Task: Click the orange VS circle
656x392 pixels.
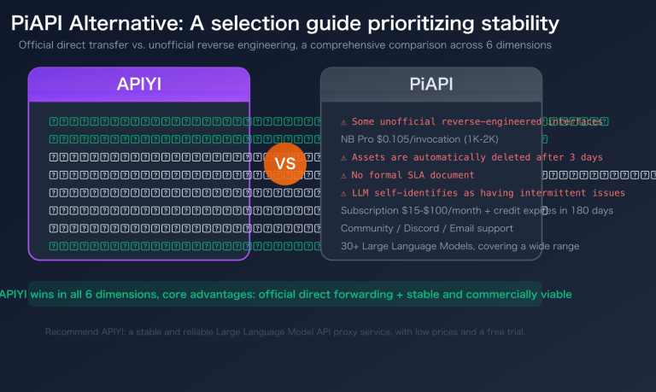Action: [x=285, y=163]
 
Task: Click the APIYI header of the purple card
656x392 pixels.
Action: [x=139, y=85]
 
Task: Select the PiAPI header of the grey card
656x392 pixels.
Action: [x=431, y=85]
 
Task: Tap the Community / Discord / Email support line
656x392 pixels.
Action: [x=427, y=228]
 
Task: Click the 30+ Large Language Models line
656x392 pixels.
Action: [x=460, y=246]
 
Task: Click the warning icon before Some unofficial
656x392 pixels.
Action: [x=343, y=122]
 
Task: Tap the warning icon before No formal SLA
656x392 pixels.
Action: [x=343, y=175]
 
